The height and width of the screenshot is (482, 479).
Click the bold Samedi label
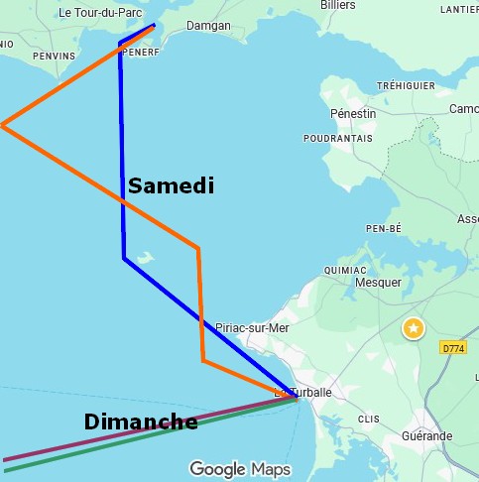pyautogui.click(x=171, y=185)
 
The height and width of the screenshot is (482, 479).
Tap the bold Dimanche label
pyautogui.click(x=140, y=422)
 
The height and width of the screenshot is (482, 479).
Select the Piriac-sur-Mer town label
pyautogui.click(x=252, y=328)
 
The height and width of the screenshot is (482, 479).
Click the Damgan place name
pyautogui.click(x=208, y=26)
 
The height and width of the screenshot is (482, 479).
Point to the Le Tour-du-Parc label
pyautogui.click(x=100, y=13)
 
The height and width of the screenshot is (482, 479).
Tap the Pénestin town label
pyautogui.click(x=353, y=113)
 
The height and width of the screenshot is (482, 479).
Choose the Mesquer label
pyautogui.click(x=377, y=283)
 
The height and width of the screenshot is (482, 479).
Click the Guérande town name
pyautogui.click(x=426, y=436)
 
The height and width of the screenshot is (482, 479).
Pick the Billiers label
pyautogui.click(x=337, y=5)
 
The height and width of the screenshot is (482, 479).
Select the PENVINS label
pyautogui.click(x=54, y=57)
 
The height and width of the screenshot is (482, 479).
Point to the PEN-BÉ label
pyautogui.click(x=383, y=228)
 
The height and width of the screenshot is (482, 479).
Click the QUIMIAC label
pyautogui.click(x=346, y=270)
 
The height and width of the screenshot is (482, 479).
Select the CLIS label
pyautogui.click(x=368, y=420)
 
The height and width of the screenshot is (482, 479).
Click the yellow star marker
pyautogui.click(x=413, y=328)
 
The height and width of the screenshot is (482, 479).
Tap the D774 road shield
pyautogui.click(x=453, y=348)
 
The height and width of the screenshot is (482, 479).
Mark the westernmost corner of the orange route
pyautogui.click(x=3, y=125)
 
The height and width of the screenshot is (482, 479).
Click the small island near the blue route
pyautogui.click(x=146, y=257)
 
